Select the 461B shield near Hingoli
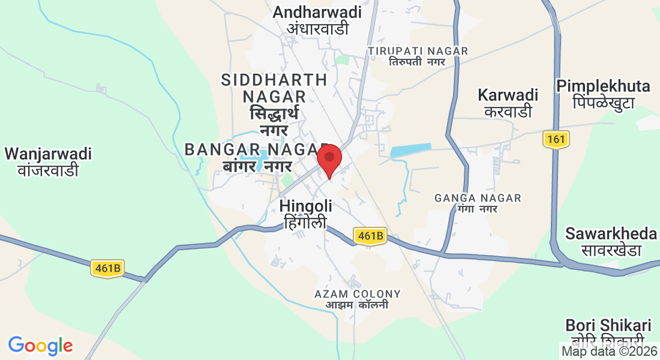(368, 236)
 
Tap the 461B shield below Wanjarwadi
(107, 268)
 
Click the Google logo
(41, 346)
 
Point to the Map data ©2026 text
(609, 351)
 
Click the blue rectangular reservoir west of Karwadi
(410, 150)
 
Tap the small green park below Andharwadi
(342, 59)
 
